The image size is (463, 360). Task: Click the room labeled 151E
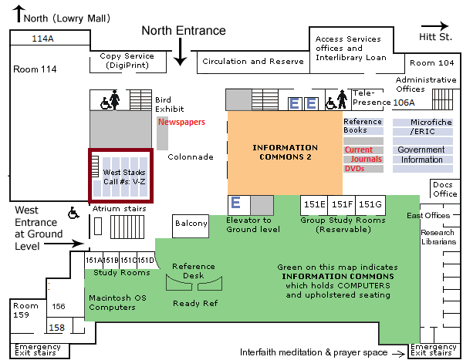point(314,204)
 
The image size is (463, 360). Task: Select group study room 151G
point(370,204)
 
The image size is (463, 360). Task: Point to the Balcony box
point(191,224)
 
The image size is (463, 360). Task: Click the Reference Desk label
point(194,271)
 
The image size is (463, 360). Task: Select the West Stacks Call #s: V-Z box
point(121,177)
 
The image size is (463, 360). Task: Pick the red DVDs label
point(354,169)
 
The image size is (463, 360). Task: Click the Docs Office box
point(444,189)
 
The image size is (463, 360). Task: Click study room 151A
point(93,260)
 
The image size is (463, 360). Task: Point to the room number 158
point(56,328)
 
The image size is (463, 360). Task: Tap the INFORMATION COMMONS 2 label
point(286,152)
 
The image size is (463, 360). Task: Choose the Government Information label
point(421,155)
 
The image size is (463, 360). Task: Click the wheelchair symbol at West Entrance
point(75,212)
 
